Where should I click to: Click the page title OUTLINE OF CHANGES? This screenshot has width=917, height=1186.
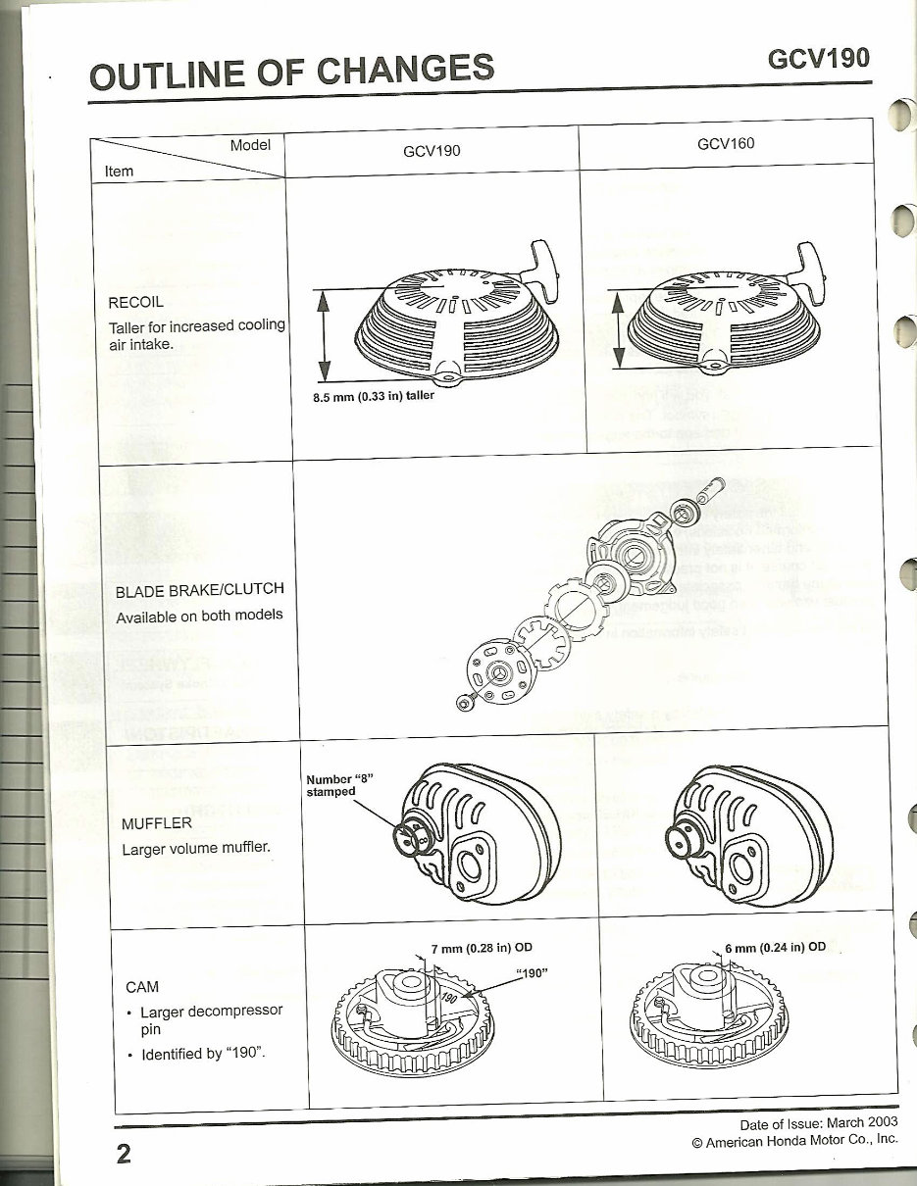291,72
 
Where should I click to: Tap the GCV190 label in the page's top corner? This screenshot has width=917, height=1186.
819,59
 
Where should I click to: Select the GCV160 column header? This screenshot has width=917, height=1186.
726,144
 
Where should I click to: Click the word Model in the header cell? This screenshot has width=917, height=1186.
250,145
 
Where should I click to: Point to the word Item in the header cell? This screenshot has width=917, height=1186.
119,171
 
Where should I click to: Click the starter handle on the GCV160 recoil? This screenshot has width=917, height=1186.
810,262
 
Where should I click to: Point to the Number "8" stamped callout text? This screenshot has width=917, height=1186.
339,785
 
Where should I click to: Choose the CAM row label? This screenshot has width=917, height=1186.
142,986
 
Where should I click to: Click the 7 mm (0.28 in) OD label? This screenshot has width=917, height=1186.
482,948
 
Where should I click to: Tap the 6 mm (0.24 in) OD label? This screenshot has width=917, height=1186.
775,947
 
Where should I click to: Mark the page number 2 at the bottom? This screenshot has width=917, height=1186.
123,1154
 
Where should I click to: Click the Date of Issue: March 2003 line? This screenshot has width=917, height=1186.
819,1123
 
